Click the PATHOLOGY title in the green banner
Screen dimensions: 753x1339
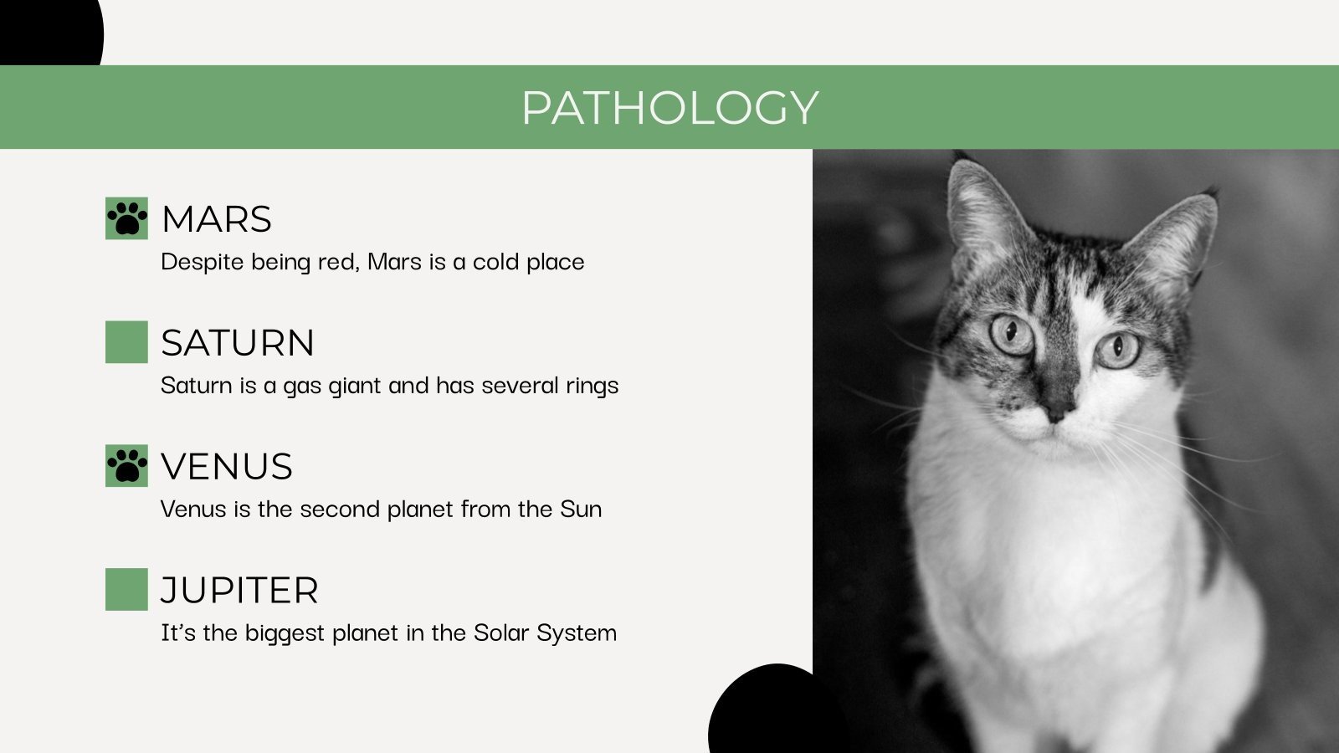pos(669,107)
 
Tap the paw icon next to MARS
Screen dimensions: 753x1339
pos(126,218)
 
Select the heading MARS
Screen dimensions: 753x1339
pos(217,219)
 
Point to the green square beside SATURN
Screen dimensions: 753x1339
pos(126,342)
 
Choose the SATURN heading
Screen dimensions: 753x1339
pos(238,343)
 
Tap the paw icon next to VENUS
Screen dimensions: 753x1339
pos(126,466)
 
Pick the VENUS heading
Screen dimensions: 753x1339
pos(227,467)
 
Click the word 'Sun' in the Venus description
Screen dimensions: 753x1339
pos(581,509)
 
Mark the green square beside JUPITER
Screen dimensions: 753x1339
pos(126,590)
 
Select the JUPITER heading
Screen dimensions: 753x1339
pos(239,591)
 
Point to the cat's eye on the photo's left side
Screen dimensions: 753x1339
pos(1012,334)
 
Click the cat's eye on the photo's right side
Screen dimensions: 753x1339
pos(1118,349)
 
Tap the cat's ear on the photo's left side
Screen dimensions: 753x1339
pos(981,209)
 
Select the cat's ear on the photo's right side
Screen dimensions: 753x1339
pos(1176,234)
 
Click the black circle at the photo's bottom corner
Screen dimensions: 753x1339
pos(757,711)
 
